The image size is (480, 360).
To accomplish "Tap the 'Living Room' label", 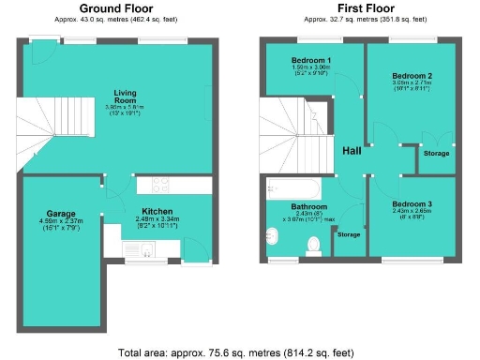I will point(127,97).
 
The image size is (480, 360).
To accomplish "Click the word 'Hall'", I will point(351,152).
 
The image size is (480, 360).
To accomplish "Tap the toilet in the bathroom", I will point(314,246).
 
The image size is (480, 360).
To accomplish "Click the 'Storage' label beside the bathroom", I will point(349,233).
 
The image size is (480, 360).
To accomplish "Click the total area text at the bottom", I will point(236,352).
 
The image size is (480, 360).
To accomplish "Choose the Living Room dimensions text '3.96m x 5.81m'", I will point(127,108).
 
